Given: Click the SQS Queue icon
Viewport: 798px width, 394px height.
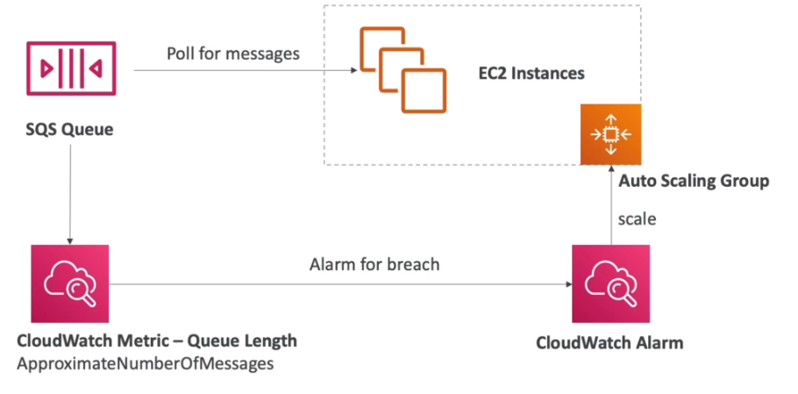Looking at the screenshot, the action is tap(71, 68).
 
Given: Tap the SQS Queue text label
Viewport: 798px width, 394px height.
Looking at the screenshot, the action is tap(70, 130).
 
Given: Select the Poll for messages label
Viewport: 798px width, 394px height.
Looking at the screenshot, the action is tap(233, 54).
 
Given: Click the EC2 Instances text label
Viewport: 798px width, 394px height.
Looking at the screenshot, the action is tap(531, 74).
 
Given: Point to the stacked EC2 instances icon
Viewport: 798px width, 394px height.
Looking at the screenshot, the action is tap(403, 69).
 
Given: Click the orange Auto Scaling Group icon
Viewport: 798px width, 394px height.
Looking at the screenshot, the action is tap(610, 134).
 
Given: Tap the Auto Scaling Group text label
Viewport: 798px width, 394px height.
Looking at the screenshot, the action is tap(694, 182).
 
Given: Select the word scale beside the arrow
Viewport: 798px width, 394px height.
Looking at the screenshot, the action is tap(638, 218).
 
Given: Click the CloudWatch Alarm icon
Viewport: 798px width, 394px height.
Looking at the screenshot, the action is tap(610, 283).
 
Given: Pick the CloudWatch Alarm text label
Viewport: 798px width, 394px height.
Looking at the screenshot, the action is tap(609, 342).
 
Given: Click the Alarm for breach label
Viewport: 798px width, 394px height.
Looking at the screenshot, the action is tap(374, 265).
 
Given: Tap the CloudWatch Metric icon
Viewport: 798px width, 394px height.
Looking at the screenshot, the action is tap(70, 283).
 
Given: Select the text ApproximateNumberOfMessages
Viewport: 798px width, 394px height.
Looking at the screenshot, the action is tap(145, 364).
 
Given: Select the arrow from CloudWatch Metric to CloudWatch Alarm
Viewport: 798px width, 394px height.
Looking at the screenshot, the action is tap(340, 284).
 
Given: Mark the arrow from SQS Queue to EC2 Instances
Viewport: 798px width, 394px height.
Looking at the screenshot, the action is tap(246, 70).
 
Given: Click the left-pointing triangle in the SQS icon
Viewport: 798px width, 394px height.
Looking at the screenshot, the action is tap(96, 68).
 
